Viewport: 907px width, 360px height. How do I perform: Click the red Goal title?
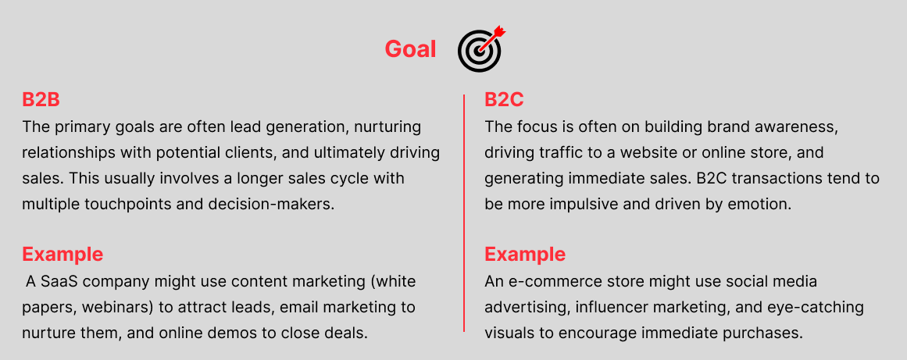pos(410,49)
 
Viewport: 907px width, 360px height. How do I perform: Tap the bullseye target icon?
pos(480,50)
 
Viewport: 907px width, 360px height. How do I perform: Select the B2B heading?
pos(41,99)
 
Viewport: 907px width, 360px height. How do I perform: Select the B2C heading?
pos(504,99)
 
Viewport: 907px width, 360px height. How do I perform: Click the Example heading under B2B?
pos(62,254)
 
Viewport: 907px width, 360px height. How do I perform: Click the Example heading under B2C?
pos(525,254)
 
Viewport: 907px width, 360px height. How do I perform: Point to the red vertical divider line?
pos(464,213)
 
